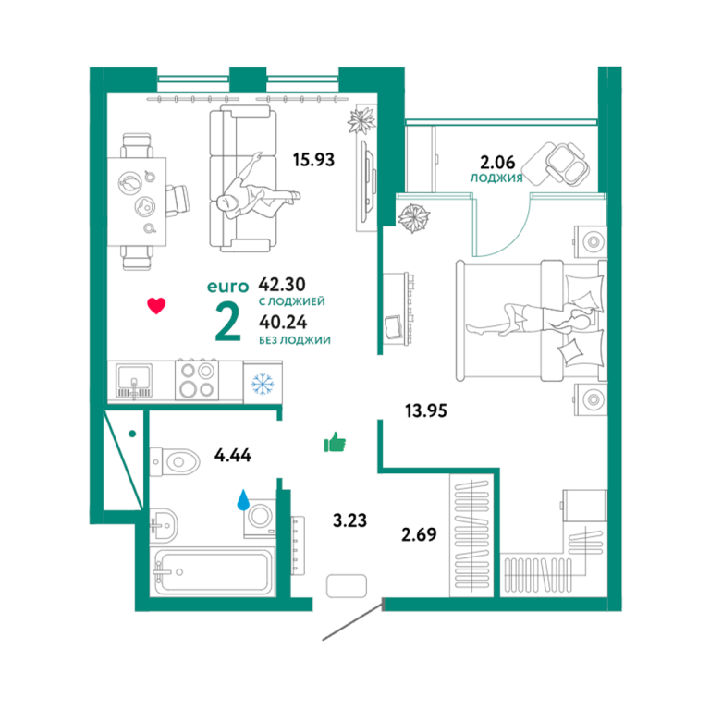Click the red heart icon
156,306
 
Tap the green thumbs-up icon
335,443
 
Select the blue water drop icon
244,500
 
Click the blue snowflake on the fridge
263,384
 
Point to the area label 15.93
313,160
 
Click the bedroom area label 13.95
425,410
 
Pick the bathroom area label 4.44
233,455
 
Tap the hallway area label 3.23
349,520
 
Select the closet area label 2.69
419,534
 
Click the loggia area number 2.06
497,162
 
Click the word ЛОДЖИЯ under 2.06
496,177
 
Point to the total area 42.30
282,285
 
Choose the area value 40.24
283,322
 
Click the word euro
227,287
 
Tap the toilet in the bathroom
175,462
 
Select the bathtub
214,571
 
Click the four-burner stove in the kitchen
197,380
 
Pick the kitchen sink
134,381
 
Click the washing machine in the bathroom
260,519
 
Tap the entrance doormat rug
347,586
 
